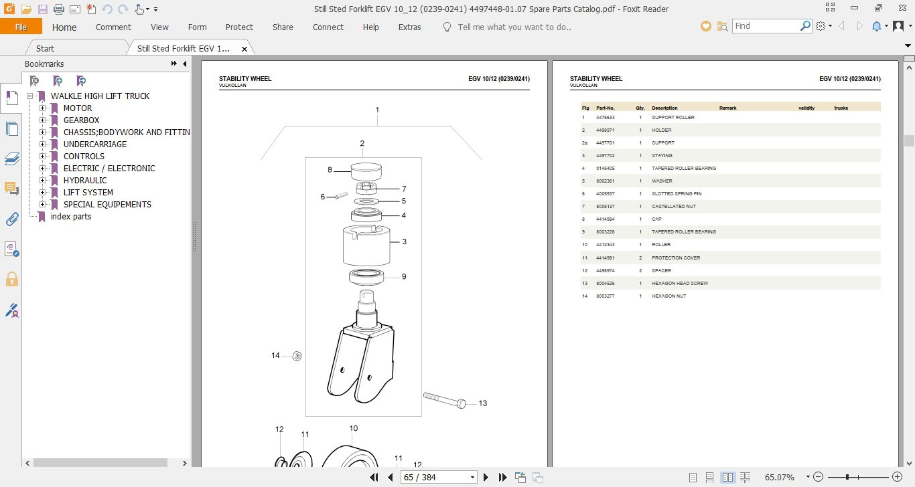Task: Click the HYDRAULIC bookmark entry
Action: pos(85,180)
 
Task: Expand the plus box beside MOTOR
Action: pos(42,108)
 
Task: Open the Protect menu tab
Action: pos(239,27)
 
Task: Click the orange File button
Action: pos(21,27)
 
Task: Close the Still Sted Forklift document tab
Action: pos(244,49)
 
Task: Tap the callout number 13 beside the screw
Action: pos(483,403)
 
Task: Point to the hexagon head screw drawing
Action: pos(444,400)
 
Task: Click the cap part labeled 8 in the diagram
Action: pos(366,172)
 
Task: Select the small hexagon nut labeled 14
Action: pos(297,356)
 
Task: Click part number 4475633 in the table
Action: pos(605,118)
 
